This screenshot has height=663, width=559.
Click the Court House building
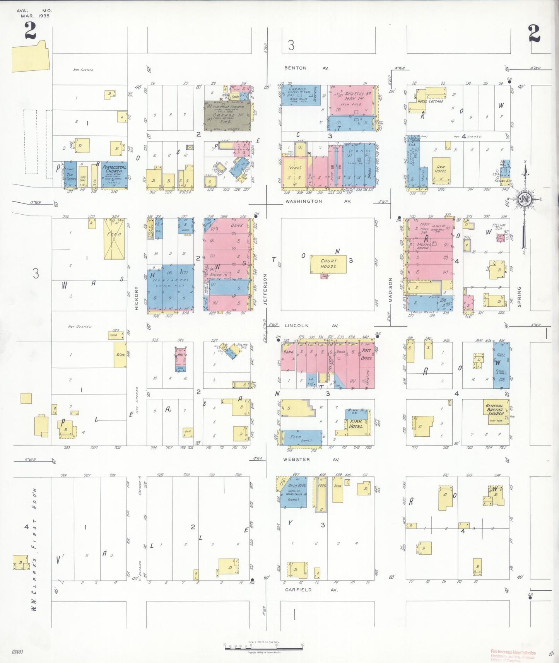click(x=328, y=264)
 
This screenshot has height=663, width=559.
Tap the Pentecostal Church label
click(x=115, y=169)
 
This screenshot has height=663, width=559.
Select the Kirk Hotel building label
click(x=356, y=424)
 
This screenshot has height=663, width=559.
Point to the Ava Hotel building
click(x=441, y=169)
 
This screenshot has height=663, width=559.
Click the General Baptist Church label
click(x=495, y=409)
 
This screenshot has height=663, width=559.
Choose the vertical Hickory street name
click(x=137, y=298)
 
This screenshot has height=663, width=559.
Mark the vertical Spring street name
click(x=519, y=297)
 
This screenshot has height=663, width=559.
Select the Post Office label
click(x=366, y=354)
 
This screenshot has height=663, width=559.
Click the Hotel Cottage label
click(x=430, y=101)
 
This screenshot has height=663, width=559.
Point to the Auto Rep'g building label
click(x=297, y=486)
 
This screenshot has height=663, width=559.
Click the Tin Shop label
click(x=71, y=177)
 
